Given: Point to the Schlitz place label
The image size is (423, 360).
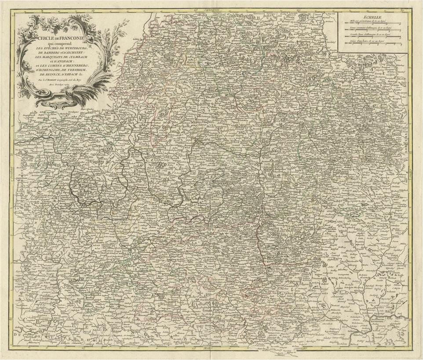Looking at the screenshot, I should (x=137, y=38).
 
